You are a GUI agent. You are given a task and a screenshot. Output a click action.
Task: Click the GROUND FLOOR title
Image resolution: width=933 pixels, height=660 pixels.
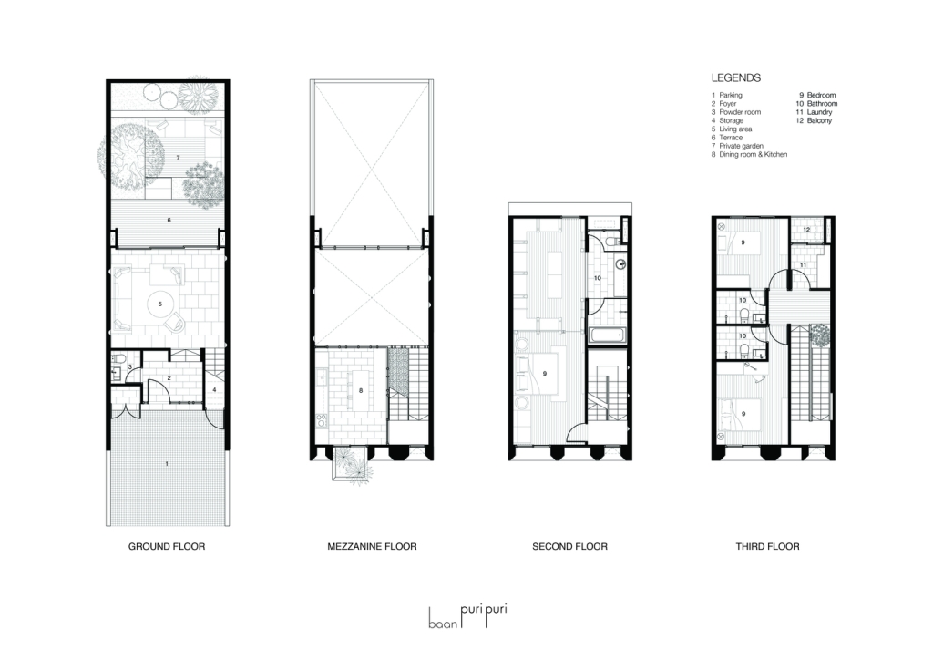click(x=167, y=546)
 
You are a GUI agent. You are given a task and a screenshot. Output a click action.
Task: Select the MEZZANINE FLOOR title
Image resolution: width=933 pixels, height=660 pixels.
click(x=372, y=546)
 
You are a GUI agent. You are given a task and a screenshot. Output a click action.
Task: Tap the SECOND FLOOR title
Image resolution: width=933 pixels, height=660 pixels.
click(x=569, y=546)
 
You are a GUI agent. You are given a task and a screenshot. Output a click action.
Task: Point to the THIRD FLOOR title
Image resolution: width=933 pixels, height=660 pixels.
click(x=767, y=546)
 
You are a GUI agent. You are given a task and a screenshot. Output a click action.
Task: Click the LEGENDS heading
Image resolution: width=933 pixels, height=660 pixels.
click(x=736, y=78)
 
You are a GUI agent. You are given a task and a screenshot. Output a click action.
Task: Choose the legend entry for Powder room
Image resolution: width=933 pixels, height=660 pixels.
click(x=736, y=112)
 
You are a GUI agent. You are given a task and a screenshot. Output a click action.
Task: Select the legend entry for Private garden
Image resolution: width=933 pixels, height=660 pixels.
click(x=737, y=146)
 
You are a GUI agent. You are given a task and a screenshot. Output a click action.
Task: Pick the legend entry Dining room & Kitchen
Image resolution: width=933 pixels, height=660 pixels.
click(x=749, y=154)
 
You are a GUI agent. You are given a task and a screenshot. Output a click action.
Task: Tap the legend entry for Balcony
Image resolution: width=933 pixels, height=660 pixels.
click(x=814, y=120)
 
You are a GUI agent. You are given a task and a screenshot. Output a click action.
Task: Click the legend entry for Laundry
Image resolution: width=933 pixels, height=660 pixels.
click(x=814, y=112)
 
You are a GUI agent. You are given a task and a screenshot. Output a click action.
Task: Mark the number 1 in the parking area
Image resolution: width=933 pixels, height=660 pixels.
click(x=167, y=463)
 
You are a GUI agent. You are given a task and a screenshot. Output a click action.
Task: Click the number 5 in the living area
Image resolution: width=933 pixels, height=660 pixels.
click(x=160, y=304)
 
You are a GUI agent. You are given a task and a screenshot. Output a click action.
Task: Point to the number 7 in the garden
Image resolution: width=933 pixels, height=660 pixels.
click(x=178, y=157)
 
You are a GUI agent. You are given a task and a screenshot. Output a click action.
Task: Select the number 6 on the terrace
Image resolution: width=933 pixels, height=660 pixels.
click(x=169, y=221)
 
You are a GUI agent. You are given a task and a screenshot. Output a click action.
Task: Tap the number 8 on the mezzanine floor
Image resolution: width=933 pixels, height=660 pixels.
click(x=361, y=391)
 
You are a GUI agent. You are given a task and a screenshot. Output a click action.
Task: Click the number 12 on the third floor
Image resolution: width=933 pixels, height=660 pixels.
click(x=806, y=230)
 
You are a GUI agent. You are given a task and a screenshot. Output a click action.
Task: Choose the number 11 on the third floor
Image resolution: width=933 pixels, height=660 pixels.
click(x=803, y=265)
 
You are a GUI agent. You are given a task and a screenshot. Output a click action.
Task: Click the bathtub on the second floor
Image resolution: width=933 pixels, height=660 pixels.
click(x=608, y=335)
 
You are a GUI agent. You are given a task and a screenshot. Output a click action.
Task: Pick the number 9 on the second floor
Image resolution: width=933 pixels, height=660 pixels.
click(x=545, y=374)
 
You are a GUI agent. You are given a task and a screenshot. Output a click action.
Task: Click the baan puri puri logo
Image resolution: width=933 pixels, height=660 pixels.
click(x=468, y=617)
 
